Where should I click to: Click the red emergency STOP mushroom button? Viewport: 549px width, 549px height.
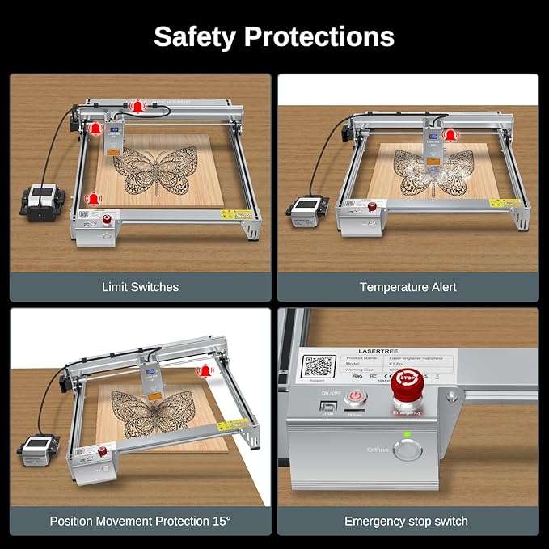click(x=408, y=384)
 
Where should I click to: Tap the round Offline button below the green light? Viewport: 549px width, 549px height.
click(x=408, y=449)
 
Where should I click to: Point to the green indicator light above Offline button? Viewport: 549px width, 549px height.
click(x=408, y=434)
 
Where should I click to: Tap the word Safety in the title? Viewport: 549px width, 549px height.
click(x=196, y=36)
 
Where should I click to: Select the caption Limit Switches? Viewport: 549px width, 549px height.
click(x=140, y=287)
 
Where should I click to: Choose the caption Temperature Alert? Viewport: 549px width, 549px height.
click(x=408, y=287)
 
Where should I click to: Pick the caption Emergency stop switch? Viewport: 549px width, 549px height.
click(x=408, y=521)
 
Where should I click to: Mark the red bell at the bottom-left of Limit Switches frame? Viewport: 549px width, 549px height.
click(x=95, y=198)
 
